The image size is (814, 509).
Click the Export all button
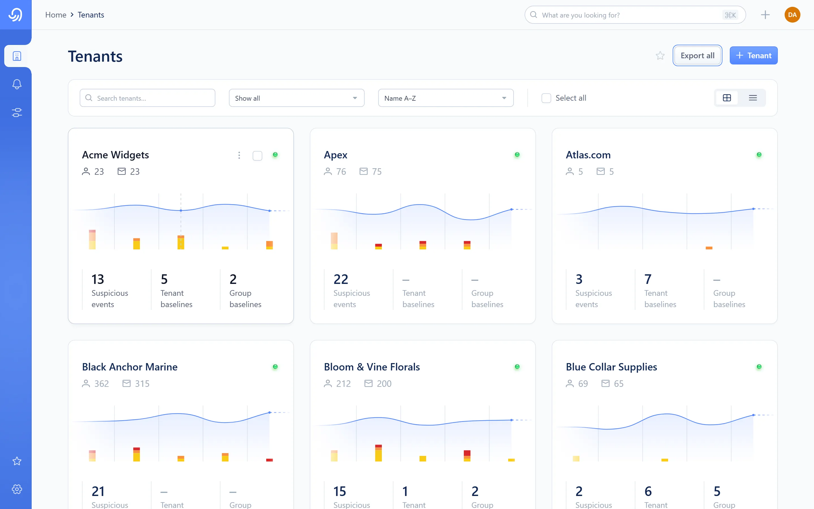coord(697,55)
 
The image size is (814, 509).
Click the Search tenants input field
coord(147,98)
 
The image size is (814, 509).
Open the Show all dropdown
coord(296,98)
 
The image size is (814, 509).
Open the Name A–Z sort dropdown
coord(446,98)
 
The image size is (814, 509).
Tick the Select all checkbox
coord(546,98)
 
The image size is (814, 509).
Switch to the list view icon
coord(753,98)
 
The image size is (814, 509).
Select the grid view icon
coord(727,98)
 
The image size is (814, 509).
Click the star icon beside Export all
coord(660,55)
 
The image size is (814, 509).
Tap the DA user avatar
coord(792,15)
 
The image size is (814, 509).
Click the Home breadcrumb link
coord(56,15)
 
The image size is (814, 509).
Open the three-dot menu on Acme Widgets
coord(239,155)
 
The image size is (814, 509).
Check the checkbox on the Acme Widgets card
coord(257,156)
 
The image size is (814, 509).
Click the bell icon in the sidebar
coord(17,84)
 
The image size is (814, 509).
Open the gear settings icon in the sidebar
coord(17,489)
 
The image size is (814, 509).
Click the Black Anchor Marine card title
coord(130,367)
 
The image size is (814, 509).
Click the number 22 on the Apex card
coord(341,279)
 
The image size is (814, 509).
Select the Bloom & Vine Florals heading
coord(372,367)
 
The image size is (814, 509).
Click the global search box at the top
coord(635,15)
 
